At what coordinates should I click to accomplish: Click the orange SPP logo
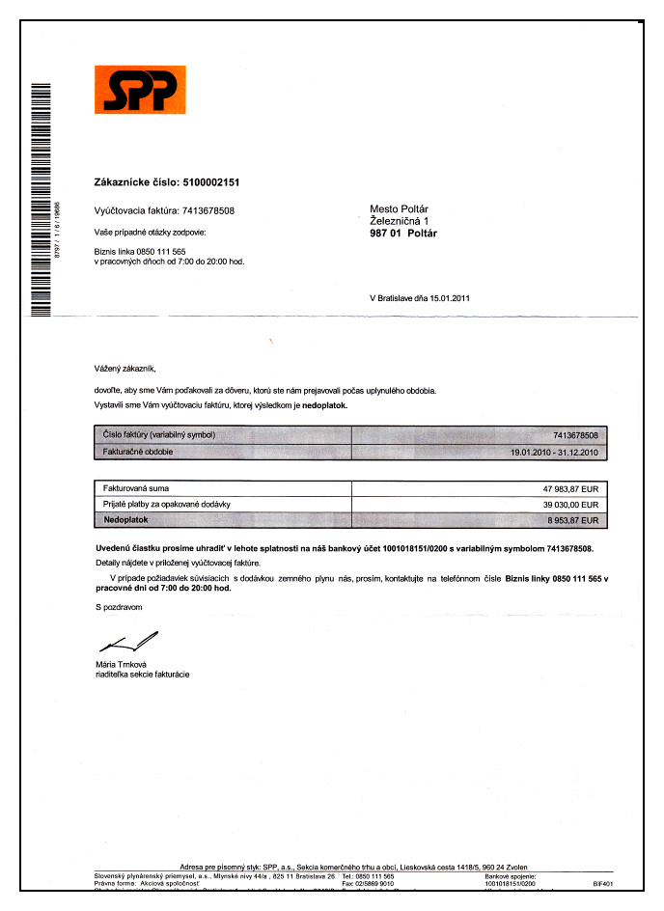140,89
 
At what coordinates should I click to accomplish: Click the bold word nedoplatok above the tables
321,406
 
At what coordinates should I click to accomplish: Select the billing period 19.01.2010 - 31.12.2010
556,451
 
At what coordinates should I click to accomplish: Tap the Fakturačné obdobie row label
137,451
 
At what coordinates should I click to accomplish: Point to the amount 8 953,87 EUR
573,520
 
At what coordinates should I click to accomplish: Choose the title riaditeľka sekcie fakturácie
142,675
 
